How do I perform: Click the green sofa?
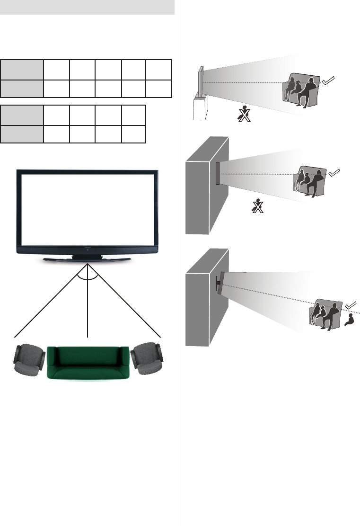pyautogui.click(x=89, y=362)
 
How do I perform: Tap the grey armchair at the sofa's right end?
pyautogui.click(x=147, y=357)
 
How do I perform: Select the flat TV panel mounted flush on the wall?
pyautogui.click(x=218, y=173)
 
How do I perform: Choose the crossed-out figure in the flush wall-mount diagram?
pyautogui.click(x=257, y=206)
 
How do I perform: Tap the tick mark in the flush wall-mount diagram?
pyautogui.click(x=334, y=173)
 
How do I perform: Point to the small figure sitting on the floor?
pyautogui.click(x=351, y=321)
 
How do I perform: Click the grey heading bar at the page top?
pyautogui.click(x=88, y=8)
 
